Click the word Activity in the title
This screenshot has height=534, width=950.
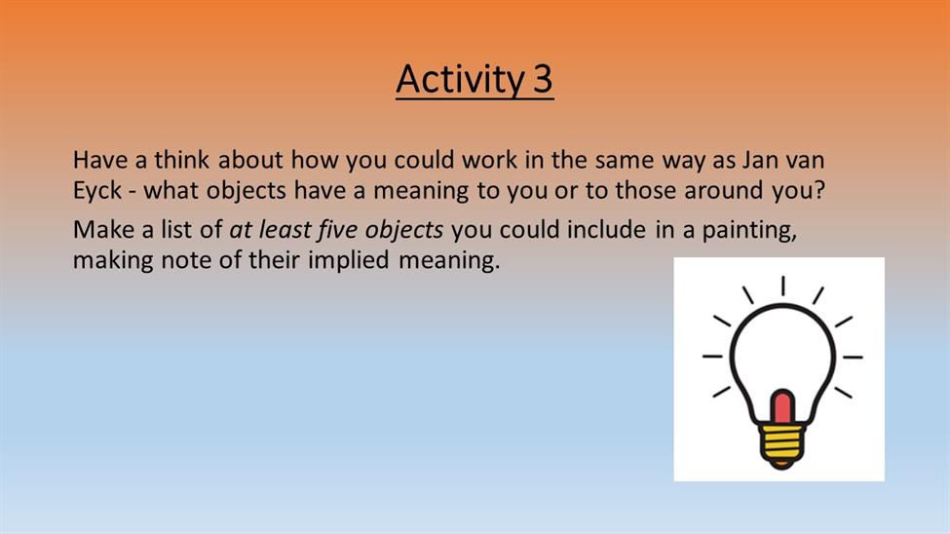tap(460, 79)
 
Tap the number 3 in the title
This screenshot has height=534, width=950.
tap(543, 79)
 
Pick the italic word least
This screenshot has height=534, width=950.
tap(285, 230)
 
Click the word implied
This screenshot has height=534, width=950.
tap(349, 260)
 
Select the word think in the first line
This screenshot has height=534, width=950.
tap(182, 160)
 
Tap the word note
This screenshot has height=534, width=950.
tap(184, 260)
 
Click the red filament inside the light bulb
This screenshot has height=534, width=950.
tap(782, 407)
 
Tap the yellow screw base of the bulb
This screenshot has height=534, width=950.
tap(782, 445)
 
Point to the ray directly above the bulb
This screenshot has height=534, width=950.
tap(782, 286)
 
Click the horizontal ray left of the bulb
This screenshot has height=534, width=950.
tap(712, 357)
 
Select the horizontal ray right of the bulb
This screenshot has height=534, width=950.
tap(853, 357)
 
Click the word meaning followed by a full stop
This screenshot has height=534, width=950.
tap(449, 261)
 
